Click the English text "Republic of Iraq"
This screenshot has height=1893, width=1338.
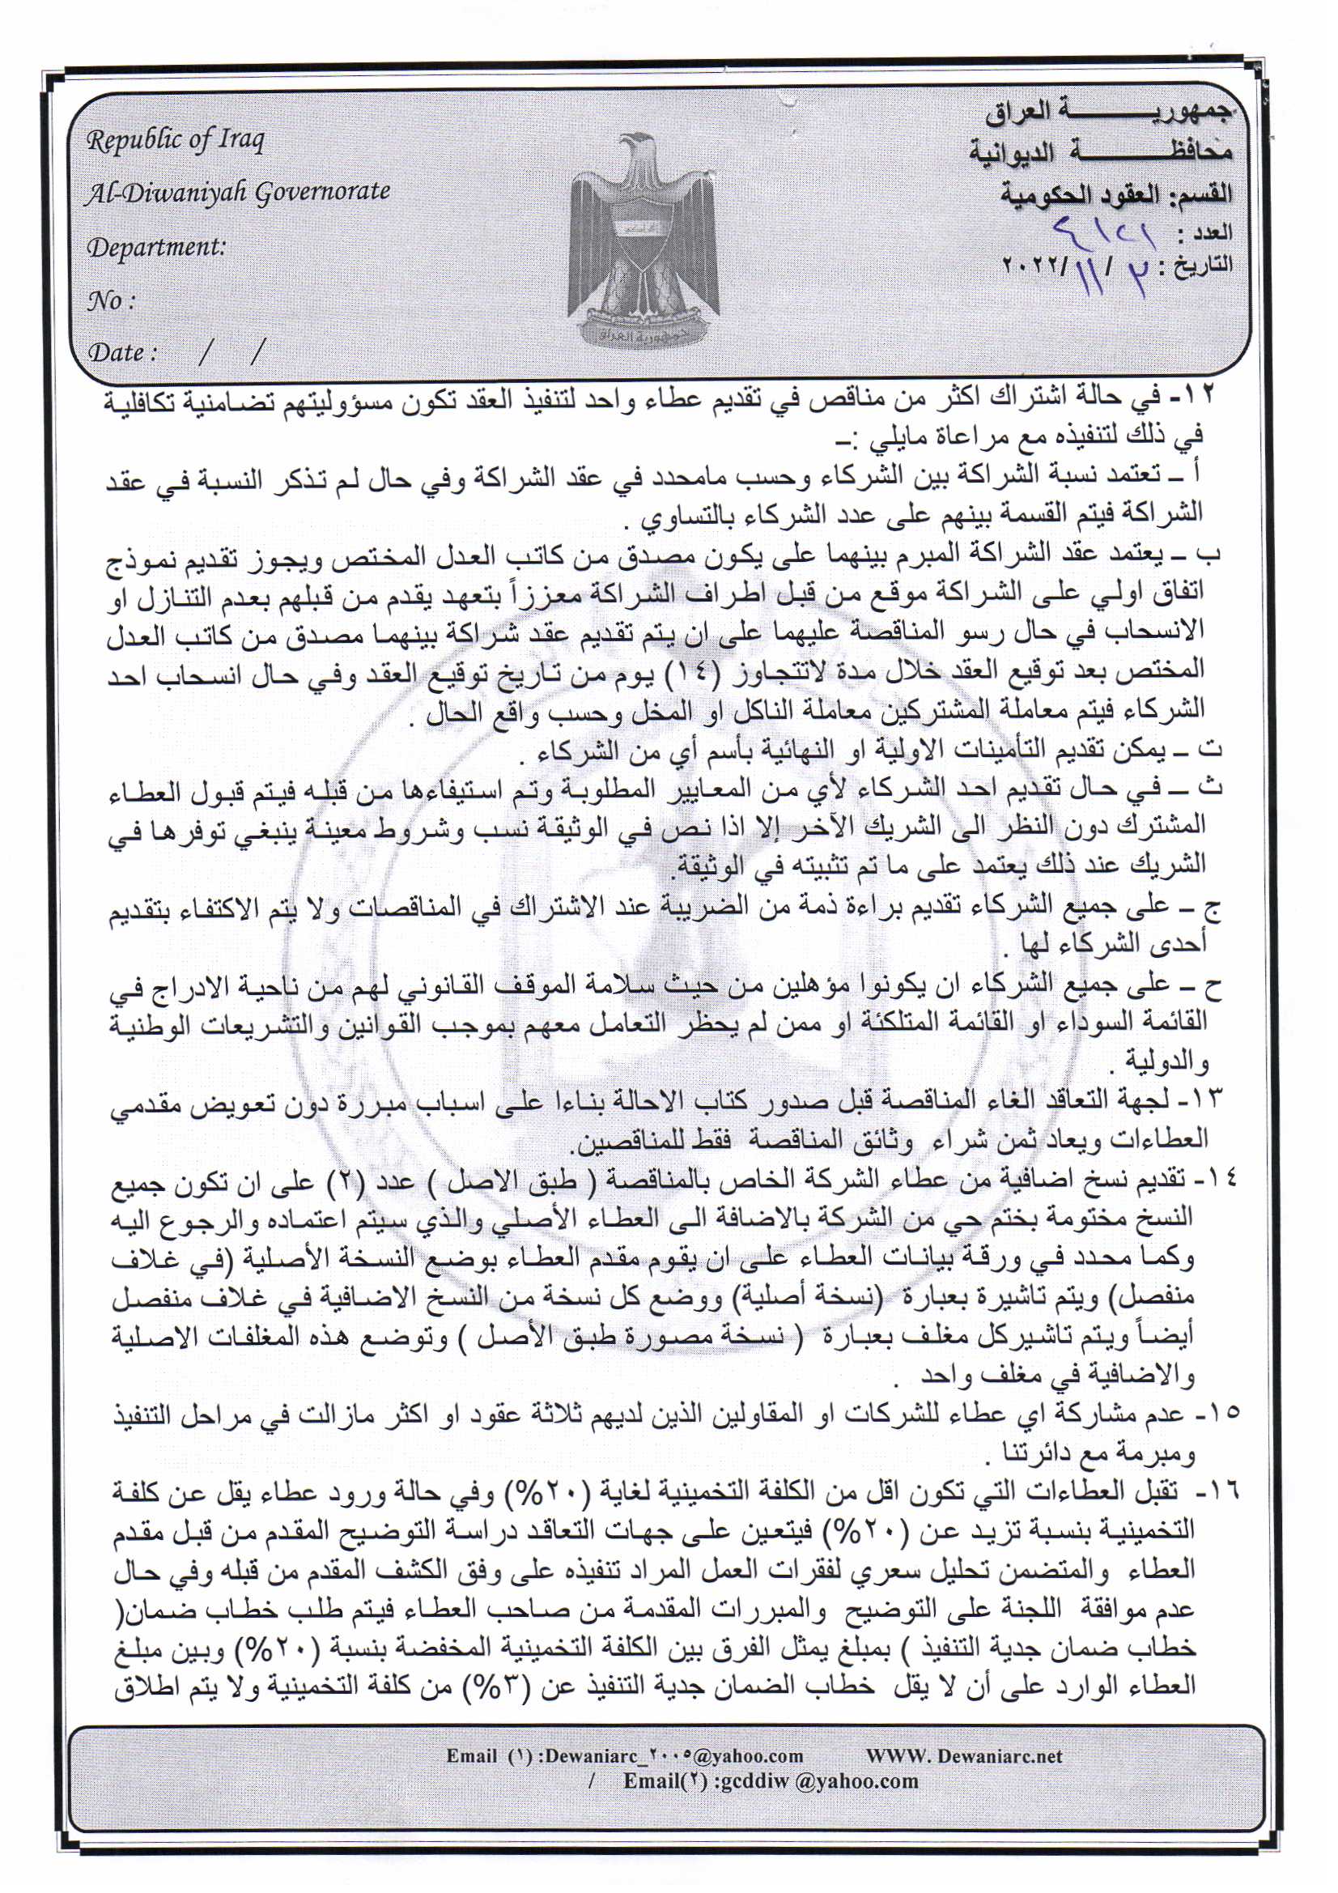tap(176, 140)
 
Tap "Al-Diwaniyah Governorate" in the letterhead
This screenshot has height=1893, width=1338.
tap(238, 192)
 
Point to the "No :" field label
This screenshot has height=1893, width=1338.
tap(110, 301)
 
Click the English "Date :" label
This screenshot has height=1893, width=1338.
tap(122, 353)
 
